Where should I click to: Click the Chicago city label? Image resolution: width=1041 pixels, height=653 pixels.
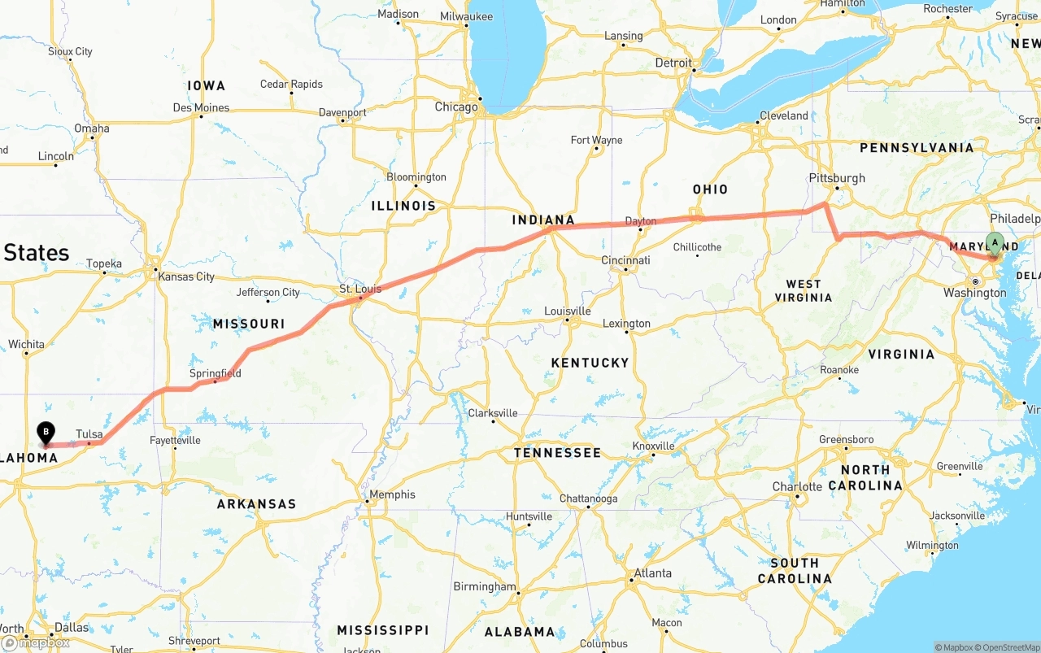coord(456,107)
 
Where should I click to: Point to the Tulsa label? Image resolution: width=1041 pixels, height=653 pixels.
coord(89,434)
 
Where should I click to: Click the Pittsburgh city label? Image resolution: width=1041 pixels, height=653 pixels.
coord(837,178)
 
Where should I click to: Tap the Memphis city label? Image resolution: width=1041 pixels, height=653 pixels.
coord(392,494)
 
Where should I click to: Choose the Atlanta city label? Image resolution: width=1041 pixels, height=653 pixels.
coord(653,573)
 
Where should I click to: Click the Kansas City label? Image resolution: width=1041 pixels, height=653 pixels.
coord(187,276)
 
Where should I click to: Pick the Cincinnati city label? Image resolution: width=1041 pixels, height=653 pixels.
coord(625,260)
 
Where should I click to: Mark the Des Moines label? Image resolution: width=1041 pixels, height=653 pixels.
coord(201,107)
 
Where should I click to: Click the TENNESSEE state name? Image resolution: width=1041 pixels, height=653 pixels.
coord(557,453)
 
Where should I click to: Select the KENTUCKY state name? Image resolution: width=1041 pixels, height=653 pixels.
coord(590,363)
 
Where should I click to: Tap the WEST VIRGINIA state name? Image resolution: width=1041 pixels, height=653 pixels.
coord(804,290)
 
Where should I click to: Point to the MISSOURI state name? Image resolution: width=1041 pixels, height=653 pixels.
coord(249,324)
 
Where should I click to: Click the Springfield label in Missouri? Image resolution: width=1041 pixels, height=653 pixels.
coord(215,373)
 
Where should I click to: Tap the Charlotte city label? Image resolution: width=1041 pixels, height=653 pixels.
coord(797,486)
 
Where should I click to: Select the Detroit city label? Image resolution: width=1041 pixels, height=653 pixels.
coord(673,63)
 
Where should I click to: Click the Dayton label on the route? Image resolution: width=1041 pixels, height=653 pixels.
coord(640,221)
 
